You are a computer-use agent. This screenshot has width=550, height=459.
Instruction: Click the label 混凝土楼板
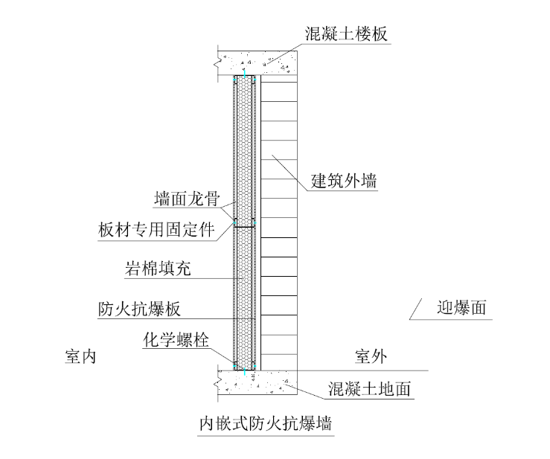point(346,34)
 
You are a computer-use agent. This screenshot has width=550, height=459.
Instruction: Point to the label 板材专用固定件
point(156,230)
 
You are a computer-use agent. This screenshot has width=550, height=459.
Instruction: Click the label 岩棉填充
point(159,269)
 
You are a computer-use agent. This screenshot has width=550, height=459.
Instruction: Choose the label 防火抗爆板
point(139,308)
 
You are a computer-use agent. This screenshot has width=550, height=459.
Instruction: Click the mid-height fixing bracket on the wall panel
point(245,223)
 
